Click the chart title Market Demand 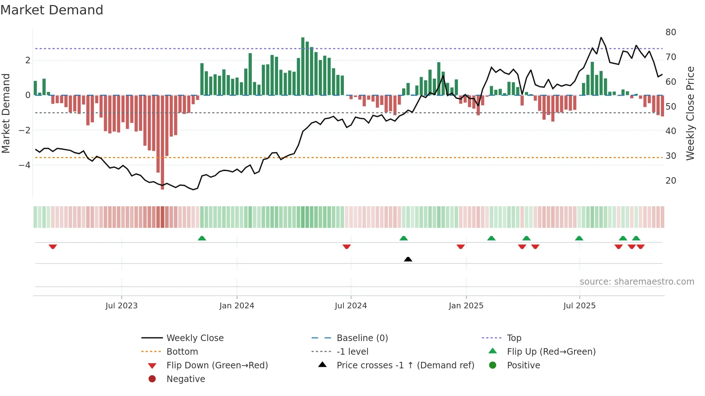(x=52, y=10)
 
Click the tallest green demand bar (x=303, y=66)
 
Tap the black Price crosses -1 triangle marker (x=408, y=259)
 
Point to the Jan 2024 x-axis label (x=237, y=306)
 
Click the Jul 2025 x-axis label (x=579, y=306)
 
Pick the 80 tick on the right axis (x=670, y=32)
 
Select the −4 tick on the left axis (x=24, y=165)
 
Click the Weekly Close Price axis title (x=690, y=113)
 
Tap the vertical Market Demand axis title (x=6, y=113)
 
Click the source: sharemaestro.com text (x=637, y=282)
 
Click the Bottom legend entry (x=182, y=352)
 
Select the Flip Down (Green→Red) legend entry (x=217, y=365)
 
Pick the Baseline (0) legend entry (x=362, y=338)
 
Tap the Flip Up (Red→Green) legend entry (x=551, y=352)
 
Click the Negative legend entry (x=186, y=379)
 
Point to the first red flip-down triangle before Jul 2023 (x=53, y=247)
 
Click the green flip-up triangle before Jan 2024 (x=202, y=238)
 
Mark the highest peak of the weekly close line (x=601, y=38)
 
